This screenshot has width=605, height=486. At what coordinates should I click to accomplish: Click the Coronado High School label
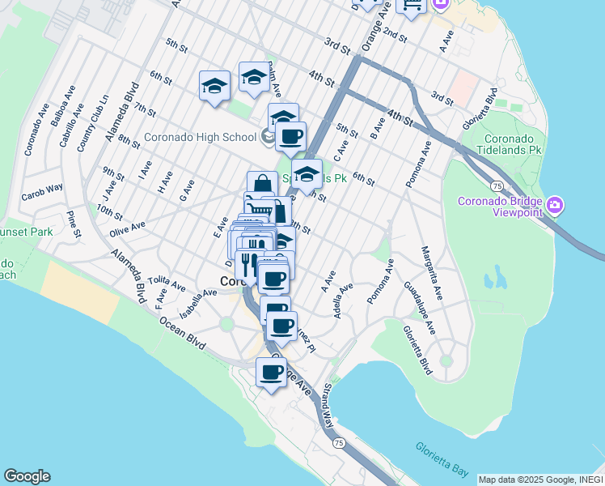(x=200, y=137)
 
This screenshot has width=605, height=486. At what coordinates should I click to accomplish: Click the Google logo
(x=27, y=476)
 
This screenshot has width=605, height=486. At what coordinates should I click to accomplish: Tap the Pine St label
(x=74, y=224)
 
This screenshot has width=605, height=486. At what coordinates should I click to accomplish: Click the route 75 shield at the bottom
(x=339, y=442)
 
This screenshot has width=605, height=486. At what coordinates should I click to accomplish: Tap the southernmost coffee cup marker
(x=272, y=373)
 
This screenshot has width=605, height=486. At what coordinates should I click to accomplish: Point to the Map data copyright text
(x=539, y=480)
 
